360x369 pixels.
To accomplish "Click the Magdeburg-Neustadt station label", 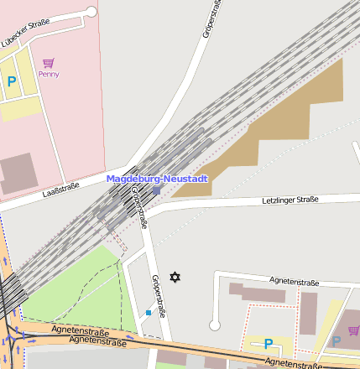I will (x=157, y=179).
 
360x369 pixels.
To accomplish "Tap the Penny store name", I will (x=49, y=74).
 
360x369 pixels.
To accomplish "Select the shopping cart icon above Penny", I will (x=49, y=63).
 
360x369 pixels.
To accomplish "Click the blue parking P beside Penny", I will (x=12, y=81).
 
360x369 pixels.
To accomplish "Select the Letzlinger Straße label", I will (x=290, y=200).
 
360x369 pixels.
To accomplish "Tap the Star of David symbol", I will (x=175, y=277).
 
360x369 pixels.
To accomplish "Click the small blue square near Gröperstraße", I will (x=149, y=313).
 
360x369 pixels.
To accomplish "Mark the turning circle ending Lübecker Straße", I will (x=91, y=12).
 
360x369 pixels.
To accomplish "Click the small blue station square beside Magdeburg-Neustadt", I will (x=156, y=190).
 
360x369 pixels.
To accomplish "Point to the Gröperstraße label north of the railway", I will (x=210, y=18).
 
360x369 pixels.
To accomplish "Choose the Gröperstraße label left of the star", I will (x=157, y=295).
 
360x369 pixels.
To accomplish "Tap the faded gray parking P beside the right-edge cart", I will (x=337, y=341).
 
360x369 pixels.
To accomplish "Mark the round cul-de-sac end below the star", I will (x=215, y=325).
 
